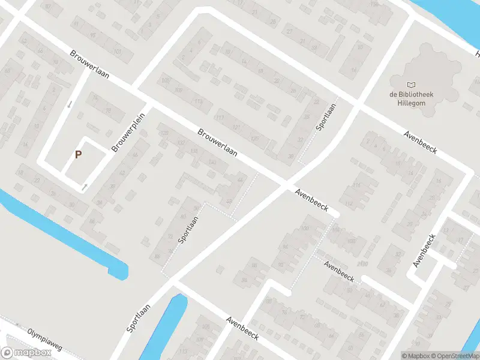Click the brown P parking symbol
78,154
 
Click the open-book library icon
411,85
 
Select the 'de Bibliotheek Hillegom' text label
411,98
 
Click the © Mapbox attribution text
416,356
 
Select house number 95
93,35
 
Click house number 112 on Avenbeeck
350,202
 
